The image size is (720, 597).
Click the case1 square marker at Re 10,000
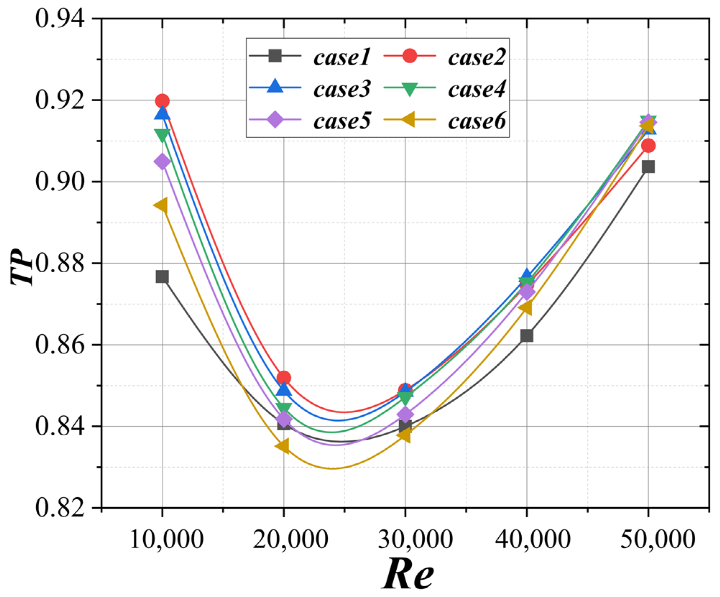coord(162,277)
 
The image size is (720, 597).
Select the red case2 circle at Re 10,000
coord(162,101)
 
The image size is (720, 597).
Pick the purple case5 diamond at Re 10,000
coord(162,162)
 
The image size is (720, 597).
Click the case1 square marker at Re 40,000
coord(527,335)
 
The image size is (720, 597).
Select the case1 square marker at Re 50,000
coord(648,167)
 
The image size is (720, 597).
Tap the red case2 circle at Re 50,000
coord(648,145)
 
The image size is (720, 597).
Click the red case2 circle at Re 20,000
coord(284,378)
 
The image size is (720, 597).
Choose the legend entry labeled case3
coord(341,89)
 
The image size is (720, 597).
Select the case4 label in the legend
coord(477,89)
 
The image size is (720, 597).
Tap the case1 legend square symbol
coord(275,56)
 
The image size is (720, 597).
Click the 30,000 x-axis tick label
coord(415,539)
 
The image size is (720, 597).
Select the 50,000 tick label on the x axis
coord(657,539)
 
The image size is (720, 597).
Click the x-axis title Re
coord(408,574)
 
